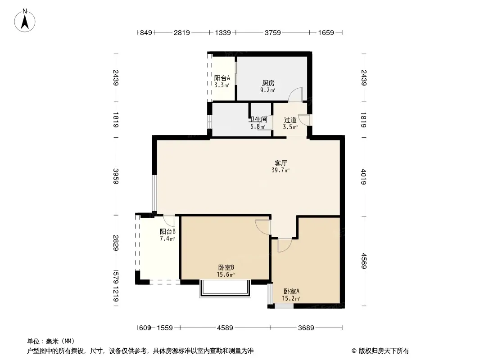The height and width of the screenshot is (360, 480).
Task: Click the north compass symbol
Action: [x=26, y=20]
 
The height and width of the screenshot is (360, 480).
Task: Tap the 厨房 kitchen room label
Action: [x=268, y=83]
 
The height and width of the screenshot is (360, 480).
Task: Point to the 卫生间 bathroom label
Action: [x=258, y=120]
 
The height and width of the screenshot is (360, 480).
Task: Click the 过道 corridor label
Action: [x=290, y=120]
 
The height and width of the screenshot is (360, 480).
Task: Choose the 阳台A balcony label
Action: [x=222, y=78]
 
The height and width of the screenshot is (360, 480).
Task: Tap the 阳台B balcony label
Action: [x=167, y=232]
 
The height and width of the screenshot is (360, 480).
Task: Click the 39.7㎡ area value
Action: [x=281, y=171]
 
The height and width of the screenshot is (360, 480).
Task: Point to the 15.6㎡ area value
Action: [x=225, y=274]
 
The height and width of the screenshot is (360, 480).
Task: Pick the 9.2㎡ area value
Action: [x=267, y=90]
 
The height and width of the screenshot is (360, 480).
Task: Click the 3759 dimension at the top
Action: [x=272, y=32]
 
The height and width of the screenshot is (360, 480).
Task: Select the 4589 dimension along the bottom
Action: [x=225, y=328]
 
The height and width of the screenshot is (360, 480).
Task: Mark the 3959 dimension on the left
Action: [x=116, y=176]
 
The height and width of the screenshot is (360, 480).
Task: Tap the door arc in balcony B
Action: [x=169, y=220]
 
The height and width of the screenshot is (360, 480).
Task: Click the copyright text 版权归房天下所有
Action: [x=380, y=351]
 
